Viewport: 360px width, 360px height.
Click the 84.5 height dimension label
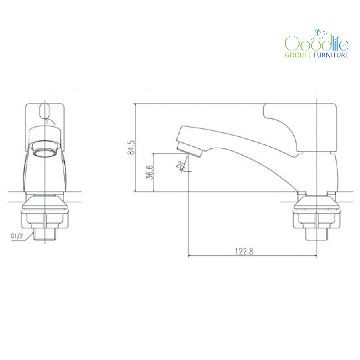[x=131, y=148]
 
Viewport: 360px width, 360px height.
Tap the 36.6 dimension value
[x=149, y=172]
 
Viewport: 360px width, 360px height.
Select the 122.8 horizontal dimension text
[x=244, y=251]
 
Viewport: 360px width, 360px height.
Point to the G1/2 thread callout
[x=17, y=236]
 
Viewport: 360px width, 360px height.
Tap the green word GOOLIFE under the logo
[x=298, y=55]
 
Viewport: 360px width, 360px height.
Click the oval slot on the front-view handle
[x=45, y=111]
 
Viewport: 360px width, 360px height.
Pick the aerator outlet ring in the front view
[x=45, y=152]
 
